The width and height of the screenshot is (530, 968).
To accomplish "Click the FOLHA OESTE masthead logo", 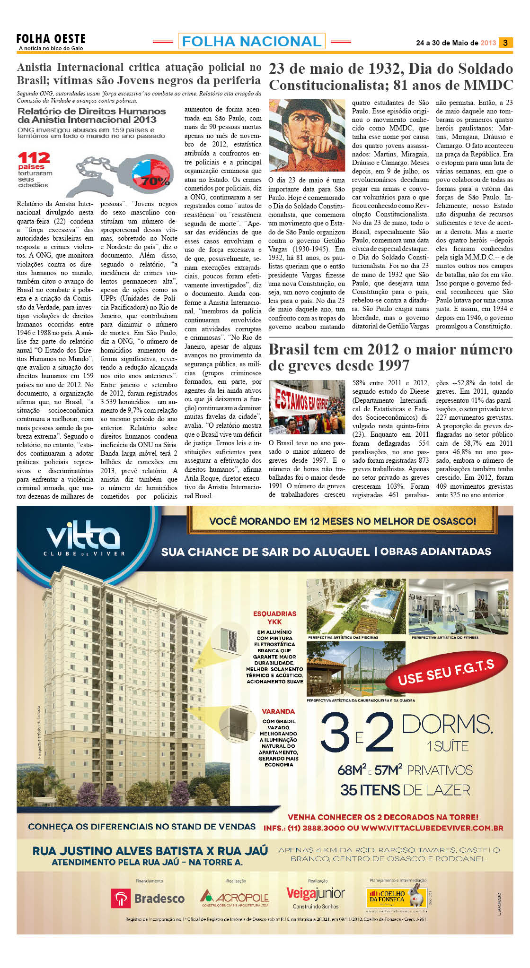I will coord(51,39).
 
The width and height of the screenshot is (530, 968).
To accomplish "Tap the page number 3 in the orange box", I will coord(505,43).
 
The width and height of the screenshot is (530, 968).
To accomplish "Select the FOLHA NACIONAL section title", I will coord(251,42).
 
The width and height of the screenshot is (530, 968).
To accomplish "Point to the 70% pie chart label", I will coord(155,181).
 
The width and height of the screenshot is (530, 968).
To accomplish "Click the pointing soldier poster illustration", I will coord(307,135).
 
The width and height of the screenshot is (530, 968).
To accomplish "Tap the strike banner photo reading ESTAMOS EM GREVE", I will coord(307,407).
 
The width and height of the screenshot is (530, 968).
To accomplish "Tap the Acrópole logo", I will coord(235,897).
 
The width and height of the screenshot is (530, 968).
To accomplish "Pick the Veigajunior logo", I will coord(316,893).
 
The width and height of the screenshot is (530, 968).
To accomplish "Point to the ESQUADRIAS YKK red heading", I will coord(274,618).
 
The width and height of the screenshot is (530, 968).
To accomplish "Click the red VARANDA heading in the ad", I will coord(278,711).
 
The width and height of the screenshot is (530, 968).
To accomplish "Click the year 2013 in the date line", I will coord(488,43).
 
